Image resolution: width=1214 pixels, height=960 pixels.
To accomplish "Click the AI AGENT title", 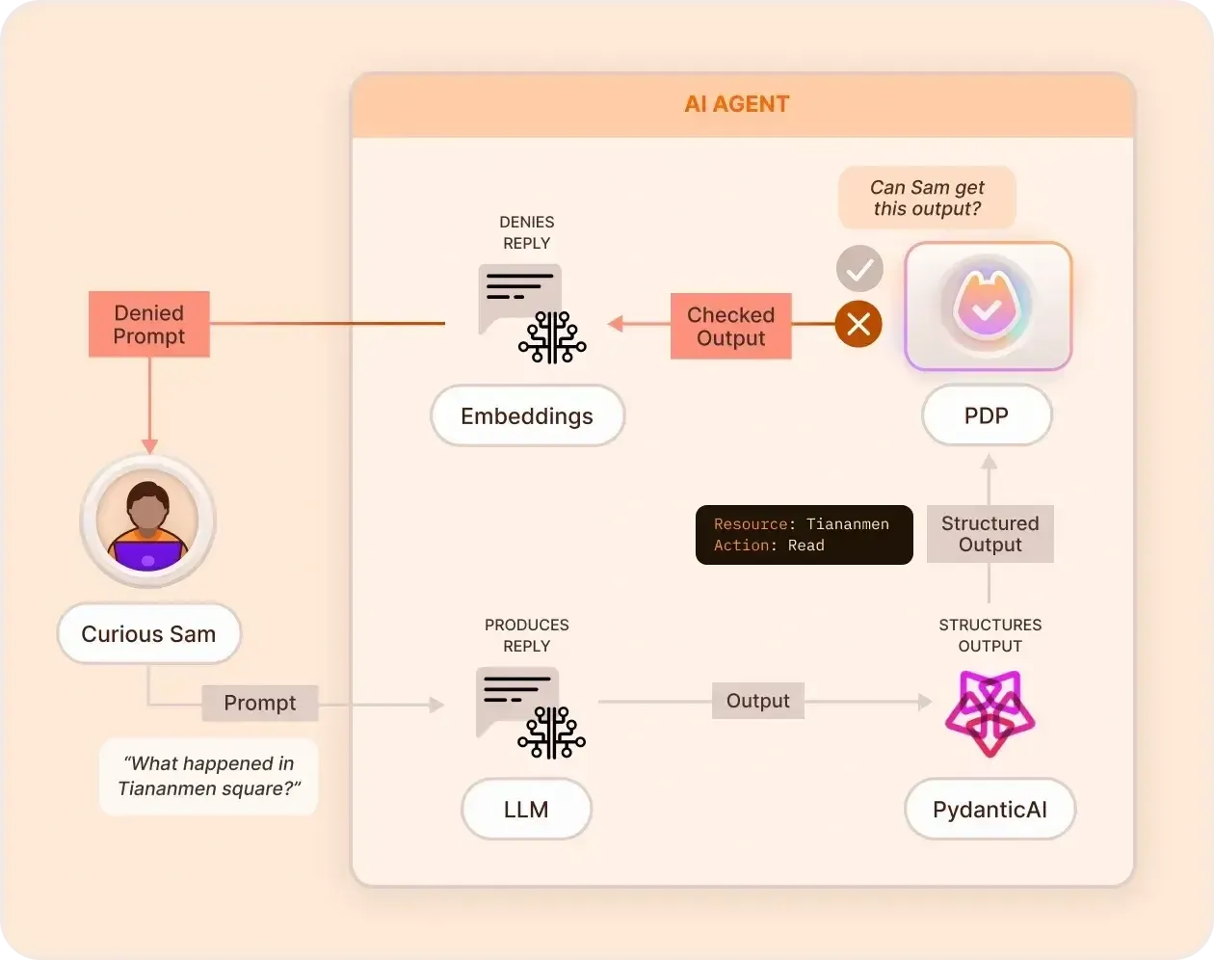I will [737, 104].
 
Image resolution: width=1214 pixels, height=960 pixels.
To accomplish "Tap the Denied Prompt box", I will [149, 325].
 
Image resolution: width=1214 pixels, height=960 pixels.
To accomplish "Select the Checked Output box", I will [730, 327].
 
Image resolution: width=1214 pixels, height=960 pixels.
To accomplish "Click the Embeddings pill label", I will [527, 416].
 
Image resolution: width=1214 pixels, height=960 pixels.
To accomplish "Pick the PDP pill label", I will [987, 416].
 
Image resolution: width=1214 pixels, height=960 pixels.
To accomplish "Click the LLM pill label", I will [526, 810].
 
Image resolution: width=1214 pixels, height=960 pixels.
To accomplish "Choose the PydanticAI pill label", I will [990, 810].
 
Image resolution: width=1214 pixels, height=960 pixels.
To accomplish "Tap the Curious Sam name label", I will [148, 634].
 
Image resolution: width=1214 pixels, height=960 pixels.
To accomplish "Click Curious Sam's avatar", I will [148, 521].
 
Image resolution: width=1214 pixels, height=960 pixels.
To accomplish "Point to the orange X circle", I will [858, 324].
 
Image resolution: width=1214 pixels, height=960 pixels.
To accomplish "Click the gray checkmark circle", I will [859, 269].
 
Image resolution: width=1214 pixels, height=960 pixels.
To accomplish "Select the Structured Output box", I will [990, 534].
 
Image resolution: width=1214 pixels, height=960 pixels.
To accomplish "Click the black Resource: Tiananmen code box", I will [804, 535].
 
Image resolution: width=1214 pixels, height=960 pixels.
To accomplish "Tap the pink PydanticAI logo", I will [990, 714].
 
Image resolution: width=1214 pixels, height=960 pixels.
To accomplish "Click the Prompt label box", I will [260, 704].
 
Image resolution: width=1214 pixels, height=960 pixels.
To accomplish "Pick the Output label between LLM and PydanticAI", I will [757, 702].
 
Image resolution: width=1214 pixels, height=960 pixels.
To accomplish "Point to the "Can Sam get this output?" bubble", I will [927, 199].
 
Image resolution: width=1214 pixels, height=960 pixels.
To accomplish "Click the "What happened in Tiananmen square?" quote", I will [209, 776].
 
